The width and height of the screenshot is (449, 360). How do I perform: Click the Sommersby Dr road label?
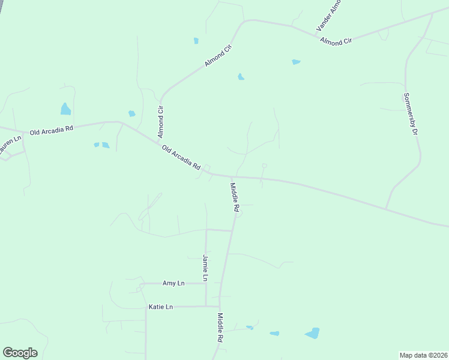[410, 113]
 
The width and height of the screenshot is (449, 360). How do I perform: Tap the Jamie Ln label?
[205, 268]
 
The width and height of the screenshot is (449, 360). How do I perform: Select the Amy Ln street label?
[173, 283]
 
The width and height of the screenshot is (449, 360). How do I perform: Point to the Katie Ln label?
[160, 307]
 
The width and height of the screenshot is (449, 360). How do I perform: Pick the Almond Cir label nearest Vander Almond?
[336, 41]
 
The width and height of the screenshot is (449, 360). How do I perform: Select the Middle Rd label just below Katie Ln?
[220, 328]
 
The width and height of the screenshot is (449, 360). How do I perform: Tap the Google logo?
[20, 353]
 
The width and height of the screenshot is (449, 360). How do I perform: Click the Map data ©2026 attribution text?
[423, 355]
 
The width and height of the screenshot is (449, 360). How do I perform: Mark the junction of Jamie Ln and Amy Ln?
[206, 283]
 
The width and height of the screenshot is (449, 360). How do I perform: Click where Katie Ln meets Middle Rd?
[219, 307]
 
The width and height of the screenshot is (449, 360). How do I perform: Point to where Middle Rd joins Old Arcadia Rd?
[232, 177]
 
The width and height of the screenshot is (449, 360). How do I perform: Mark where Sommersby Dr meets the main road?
[386, 209]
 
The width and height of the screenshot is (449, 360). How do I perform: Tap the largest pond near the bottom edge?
[312, 333]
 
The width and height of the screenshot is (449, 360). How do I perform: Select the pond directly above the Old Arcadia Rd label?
[65, 109]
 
